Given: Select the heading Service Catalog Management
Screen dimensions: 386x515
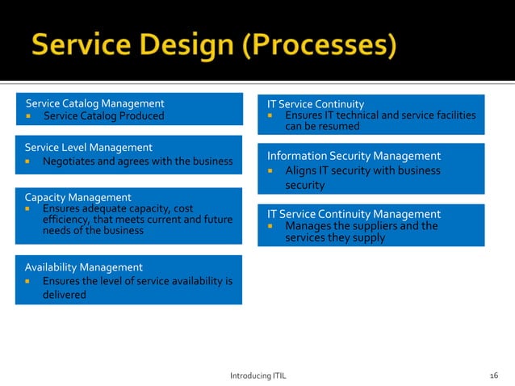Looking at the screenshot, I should point(95,103).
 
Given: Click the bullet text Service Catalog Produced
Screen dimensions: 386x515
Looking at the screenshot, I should point(103,116).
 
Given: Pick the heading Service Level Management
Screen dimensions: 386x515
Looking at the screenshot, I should point(89,148).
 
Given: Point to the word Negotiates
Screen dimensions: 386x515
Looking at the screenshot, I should point(72,161).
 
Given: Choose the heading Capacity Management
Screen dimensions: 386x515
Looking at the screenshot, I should point(77,197).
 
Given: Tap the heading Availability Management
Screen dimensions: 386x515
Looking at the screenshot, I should point(84,267).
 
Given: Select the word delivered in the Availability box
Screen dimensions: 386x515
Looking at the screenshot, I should point(65,295).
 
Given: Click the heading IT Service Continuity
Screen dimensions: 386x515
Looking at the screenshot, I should point(316,104).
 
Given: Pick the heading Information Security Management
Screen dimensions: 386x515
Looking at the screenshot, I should point(354,156).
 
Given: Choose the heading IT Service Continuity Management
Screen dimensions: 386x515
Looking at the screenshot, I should point(354,214).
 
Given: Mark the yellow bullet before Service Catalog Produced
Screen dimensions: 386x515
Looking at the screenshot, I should point(28,116).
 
